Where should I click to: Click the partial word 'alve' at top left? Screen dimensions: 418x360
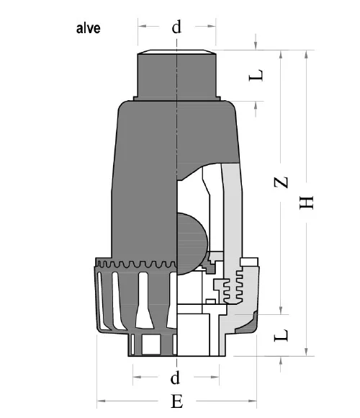tap(90, 30)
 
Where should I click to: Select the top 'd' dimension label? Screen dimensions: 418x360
tap(176, 27)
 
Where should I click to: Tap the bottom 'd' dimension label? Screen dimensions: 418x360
tap(175, 377)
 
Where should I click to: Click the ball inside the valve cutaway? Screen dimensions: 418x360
tap(192, 242)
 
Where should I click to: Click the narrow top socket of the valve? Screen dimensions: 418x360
tap(176, 75)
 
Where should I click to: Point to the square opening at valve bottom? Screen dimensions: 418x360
tap(150, 346)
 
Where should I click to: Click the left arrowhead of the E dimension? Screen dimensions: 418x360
tap(100, 401)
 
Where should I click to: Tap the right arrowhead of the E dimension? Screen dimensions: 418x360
tap(253, 401)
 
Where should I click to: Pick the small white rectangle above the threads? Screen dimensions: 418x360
tap(250, 260)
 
